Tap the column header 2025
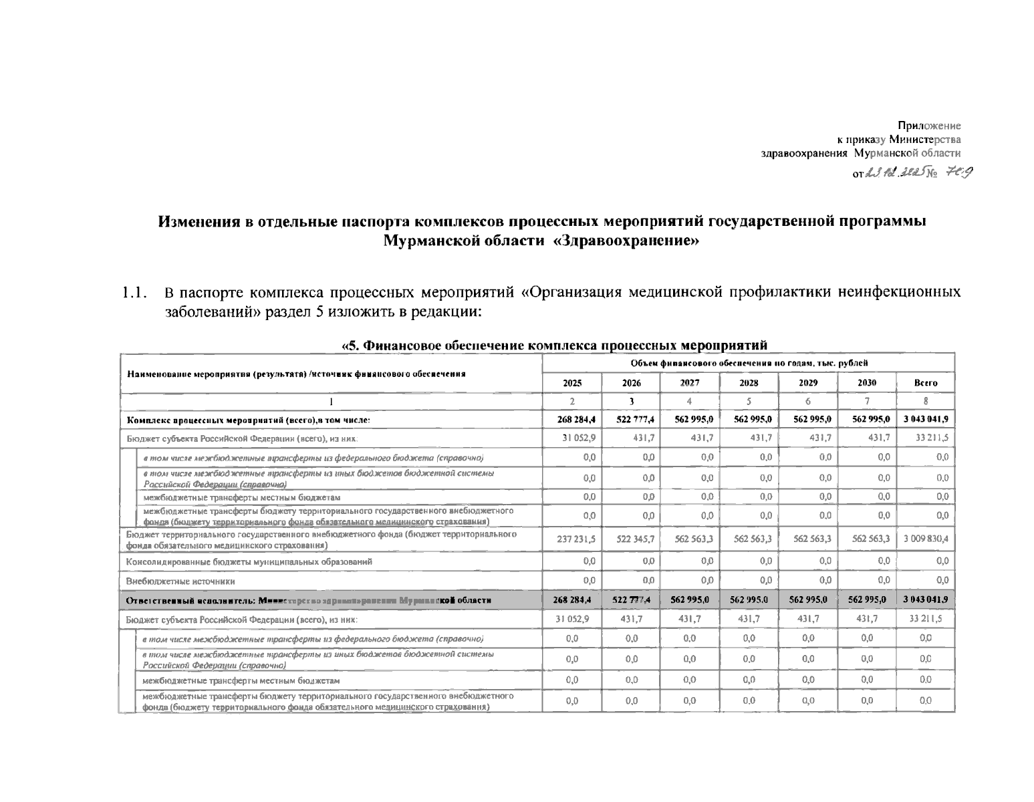click(572, 383)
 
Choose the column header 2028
click(749, 383)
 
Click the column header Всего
click(925, 383)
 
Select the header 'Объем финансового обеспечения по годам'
click(749, 363)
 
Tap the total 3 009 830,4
click(926, 539)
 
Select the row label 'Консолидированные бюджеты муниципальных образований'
click(249, 562)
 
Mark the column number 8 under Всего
click(926, 402)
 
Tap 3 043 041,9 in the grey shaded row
click(926, 599)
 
